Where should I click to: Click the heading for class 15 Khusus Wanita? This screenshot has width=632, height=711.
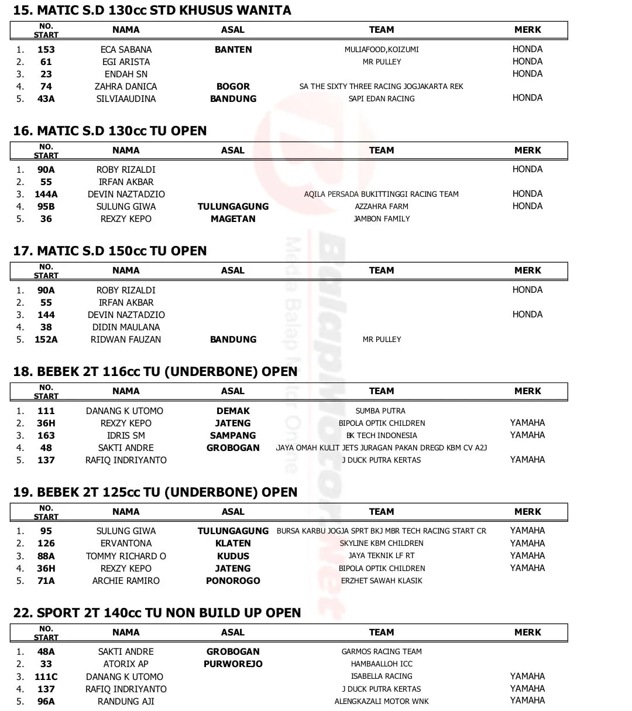(152, 10)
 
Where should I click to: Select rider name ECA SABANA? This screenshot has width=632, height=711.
(126, 49)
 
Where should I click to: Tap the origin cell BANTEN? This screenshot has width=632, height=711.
(233, 49)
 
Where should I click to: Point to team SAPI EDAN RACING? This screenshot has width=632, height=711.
(382, 98)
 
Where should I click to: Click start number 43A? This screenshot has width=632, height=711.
(46, 98)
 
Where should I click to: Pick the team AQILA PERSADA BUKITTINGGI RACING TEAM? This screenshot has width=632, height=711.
(382, 194)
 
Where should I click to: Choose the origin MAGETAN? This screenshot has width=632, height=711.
(233, 218)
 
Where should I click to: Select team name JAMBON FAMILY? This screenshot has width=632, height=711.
(382, 218)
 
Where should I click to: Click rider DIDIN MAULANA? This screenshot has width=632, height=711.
(126, 327)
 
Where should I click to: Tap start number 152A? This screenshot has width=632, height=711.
(46, 339)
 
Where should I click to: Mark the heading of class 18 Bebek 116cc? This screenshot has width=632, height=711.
(155, 371)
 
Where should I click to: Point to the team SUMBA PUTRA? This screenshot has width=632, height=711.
(380, 411)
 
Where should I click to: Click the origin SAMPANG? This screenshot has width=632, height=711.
(233, 435)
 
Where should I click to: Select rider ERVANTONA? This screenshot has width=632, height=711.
(126, 543)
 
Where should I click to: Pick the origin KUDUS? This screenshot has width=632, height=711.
(233, 556)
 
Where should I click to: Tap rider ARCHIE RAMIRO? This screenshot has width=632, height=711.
(126, 580)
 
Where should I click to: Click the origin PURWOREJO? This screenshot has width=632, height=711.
(233, 664)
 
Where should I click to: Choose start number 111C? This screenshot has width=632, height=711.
(46, 676)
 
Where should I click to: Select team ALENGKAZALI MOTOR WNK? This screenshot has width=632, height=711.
(382, 701)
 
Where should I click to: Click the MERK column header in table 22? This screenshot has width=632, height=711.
(527, 632)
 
